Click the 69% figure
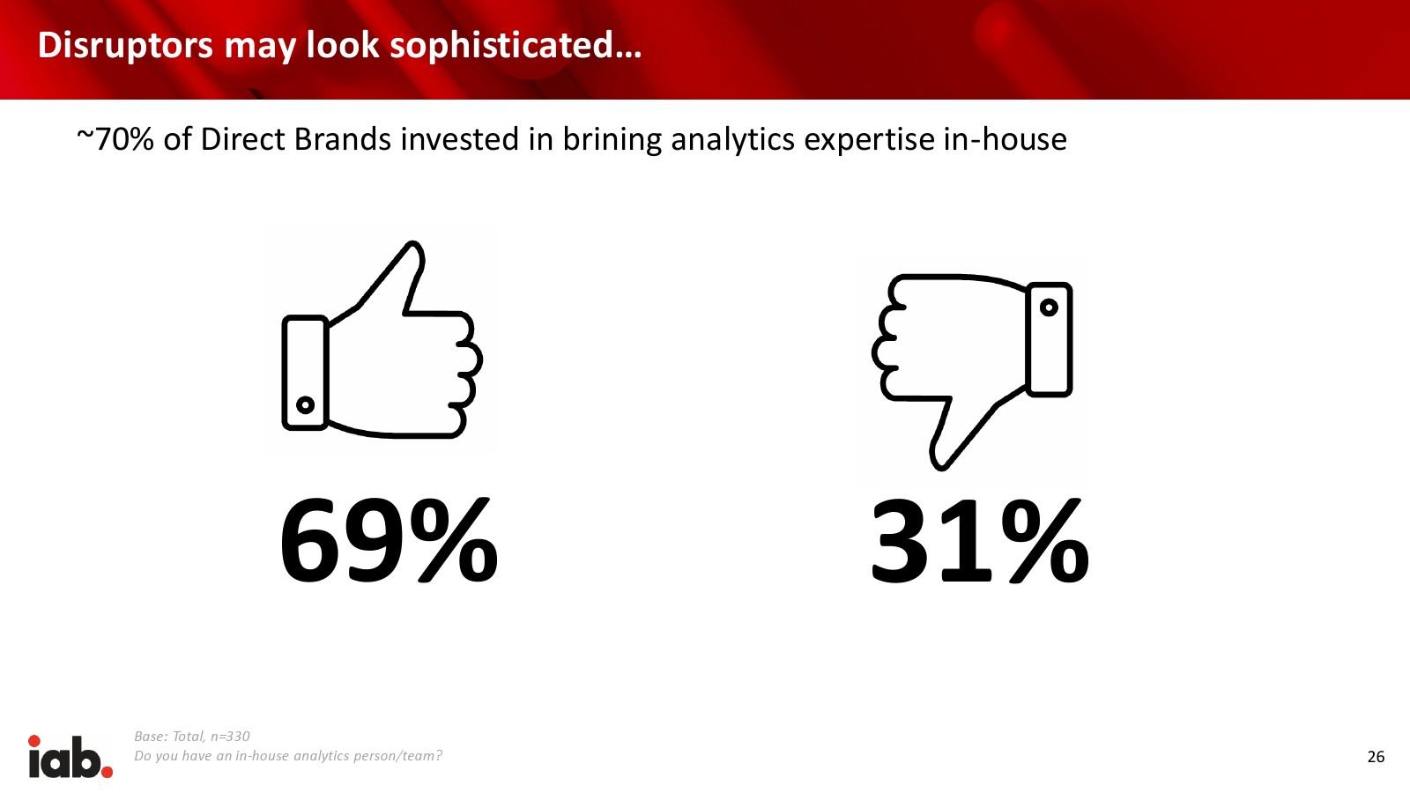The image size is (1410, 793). pos(389,540)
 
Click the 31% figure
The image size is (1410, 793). pos(979,540)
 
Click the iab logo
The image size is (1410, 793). pos(70,756)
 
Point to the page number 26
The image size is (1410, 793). pos(1376,757)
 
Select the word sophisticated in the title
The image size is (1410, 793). pos(501,45)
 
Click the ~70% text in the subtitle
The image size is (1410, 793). pos(115,139)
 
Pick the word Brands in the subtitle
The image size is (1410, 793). pos(343,139)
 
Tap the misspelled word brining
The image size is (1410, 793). pos(612,140)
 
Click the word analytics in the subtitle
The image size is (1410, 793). pos(732,140)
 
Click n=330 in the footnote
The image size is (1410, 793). pos(230,737)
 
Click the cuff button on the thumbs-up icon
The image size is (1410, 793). pos(305,404)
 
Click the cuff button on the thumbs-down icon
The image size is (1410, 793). pos(1049,308)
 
